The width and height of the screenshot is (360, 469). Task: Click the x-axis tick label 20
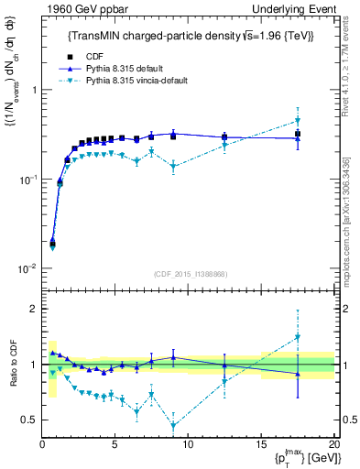click(333, 445)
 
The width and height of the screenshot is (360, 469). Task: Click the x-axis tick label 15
click(260, 445)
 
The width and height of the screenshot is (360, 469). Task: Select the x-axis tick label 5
click(115, 445)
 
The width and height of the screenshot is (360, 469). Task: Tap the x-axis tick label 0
click(43, 445)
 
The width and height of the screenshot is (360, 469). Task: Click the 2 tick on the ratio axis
click(33, 310)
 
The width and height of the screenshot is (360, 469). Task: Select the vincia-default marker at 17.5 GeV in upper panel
click(297, 121)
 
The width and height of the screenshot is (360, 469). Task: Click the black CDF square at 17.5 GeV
click(297, 134)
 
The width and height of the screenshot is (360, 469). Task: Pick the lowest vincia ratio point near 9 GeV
click(173, 425)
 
